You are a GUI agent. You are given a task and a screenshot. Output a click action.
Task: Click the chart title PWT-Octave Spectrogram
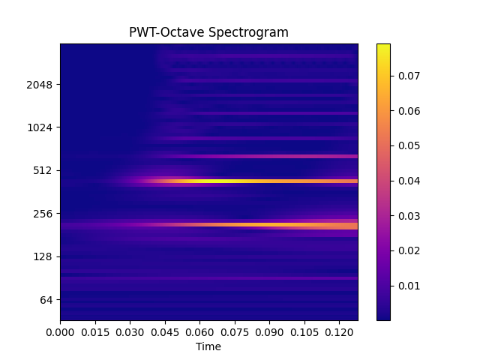click(x=208, y=32)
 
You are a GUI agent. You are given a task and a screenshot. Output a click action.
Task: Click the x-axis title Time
click(x=208, y=346)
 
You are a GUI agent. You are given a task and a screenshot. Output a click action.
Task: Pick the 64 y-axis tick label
click(x=46, y=300)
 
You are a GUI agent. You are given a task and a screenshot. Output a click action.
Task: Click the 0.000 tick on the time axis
click(x=60, y=331)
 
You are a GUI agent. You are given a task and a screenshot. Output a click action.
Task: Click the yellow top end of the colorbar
click(x=383, y=46)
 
